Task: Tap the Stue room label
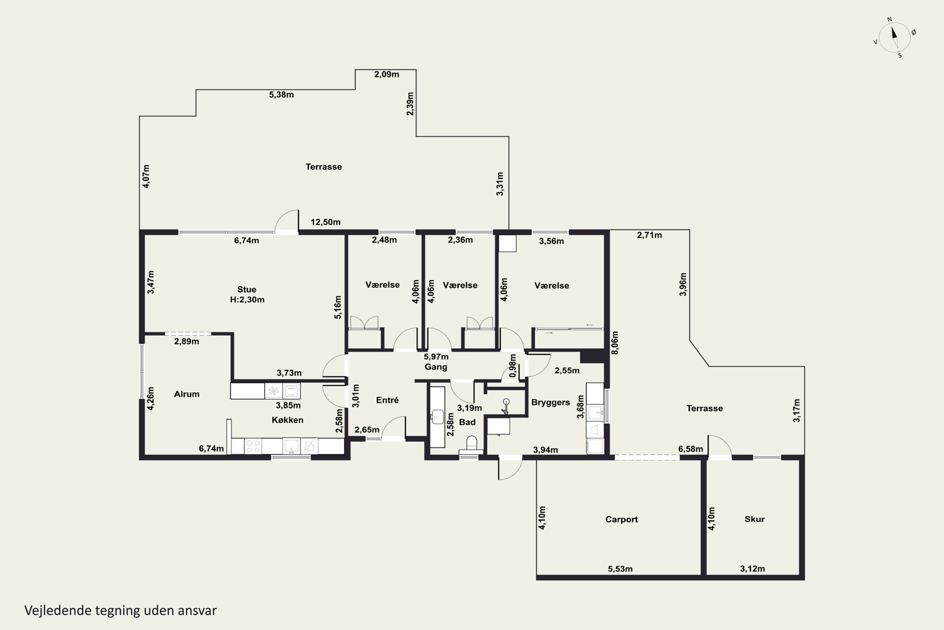[x=246, y=289]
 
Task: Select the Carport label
[x=621, y=519]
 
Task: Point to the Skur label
[x=755, y=519]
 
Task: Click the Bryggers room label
[x=550, y=403]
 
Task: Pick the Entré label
[x=387, y=400]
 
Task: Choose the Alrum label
[x=187, y=394]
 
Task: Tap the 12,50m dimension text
[x=325, y=222]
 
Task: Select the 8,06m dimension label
[x=615, y=343]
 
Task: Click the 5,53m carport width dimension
[x=620, y=569]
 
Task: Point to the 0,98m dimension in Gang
[x=513, y=366]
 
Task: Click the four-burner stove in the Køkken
[x=253, y=446]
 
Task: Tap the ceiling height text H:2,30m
[x=247, y=299]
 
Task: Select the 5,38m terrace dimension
[x=281, y=95]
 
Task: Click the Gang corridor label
[x=436, y=367]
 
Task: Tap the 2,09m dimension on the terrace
[x=386, y=74]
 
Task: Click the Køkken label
[x=287, y=420]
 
